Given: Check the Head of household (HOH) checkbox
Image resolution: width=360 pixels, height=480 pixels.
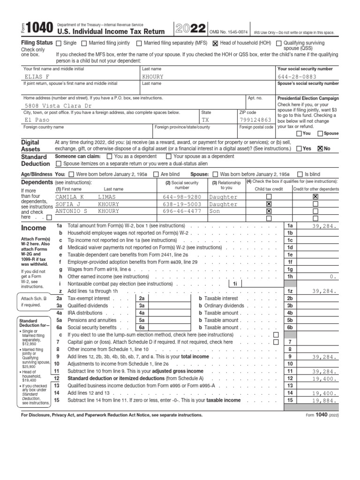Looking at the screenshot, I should (216, 43).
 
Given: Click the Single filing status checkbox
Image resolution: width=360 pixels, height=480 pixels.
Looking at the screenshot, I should (59, 43).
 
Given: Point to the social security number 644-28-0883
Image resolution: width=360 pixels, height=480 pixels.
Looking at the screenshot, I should (297, 77).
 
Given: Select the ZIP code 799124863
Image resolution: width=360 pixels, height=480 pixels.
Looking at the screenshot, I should (255, 120).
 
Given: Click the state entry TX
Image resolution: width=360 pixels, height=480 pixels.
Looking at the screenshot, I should (205, 120).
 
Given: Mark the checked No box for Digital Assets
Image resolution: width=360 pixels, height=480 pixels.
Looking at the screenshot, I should (320, 149).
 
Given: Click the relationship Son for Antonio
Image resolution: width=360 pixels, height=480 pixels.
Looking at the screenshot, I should (214, 211).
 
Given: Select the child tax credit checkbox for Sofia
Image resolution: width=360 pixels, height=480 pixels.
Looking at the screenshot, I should (269, 204).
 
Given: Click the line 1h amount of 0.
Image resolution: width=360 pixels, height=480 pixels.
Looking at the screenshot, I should (333, 277).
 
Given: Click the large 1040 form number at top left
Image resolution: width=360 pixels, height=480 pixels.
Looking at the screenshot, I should (40, 29).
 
